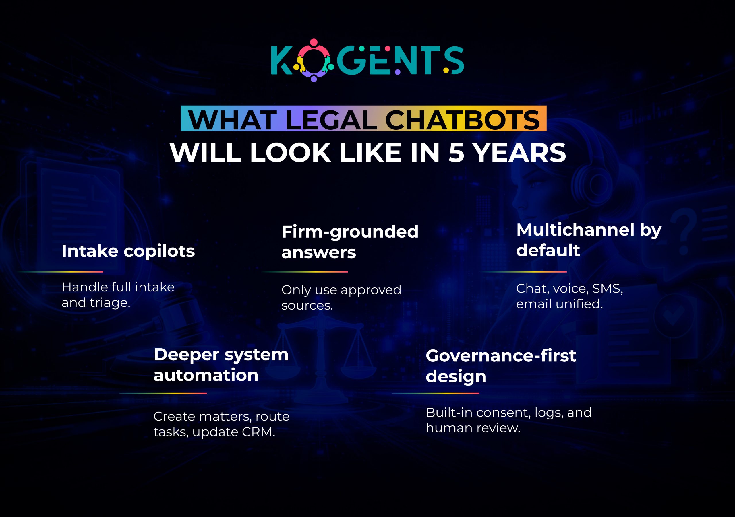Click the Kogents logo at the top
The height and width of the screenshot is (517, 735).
point(367,61)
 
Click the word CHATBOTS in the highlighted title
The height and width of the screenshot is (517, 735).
point(462,120)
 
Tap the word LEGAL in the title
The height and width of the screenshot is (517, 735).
point(331,120)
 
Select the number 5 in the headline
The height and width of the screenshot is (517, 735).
point(456,153)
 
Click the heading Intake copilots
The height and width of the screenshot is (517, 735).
point(128,251)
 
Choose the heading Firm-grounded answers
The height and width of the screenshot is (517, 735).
point(350,242)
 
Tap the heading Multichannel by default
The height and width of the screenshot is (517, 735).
point(588,240)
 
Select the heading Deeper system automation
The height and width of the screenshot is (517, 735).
point(221,365)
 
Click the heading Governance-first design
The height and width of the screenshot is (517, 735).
point(501,366)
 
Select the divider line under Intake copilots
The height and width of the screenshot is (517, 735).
point(60,272)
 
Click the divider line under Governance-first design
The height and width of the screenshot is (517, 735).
point(435,394)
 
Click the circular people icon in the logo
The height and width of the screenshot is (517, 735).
point(314,61)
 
